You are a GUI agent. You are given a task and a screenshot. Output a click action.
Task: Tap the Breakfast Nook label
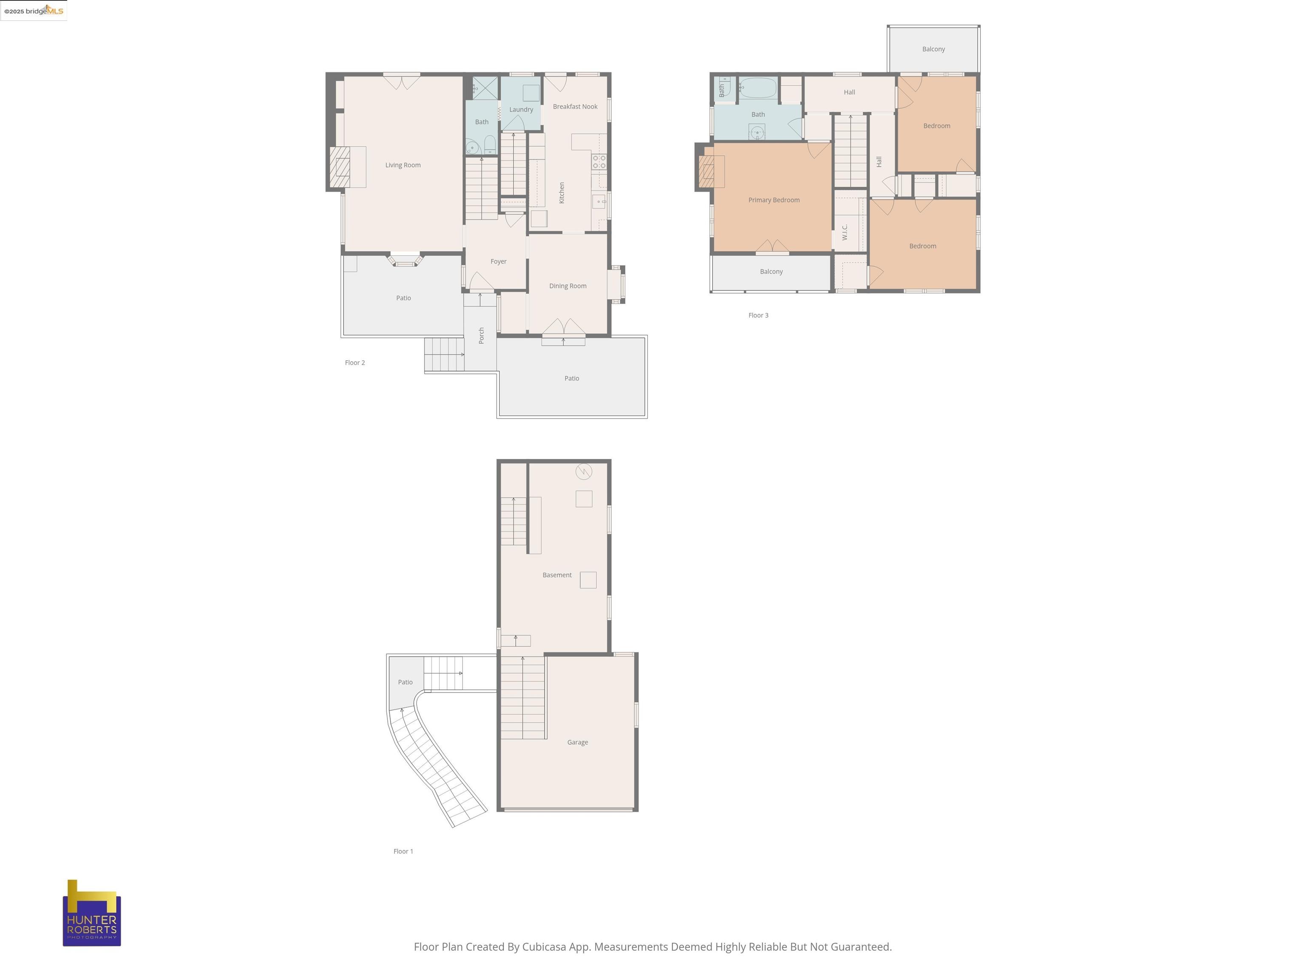[x=575, y=106]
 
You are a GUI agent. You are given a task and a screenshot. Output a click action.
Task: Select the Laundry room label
[x=521, y=109]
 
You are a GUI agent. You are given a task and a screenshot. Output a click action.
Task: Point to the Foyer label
[x=498, y=261]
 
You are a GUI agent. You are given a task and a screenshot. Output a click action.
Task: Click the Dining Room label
[x=568, y=286]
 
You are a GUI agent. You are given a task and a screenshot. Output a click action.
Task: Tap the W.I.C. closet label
[x=845, y=232]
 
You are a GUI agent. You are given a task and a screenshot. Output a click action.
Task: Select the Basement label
[x=557, y=575]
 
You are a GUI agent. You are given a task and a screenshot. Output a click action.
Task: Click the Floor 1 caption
[x=403, y=851]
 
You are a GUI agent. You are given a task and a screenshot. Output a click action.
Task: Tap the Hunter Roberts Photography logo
[x=92, y=913]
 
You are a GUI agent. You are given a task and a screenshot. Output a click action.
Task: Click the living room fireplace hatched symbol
[x=340, y=167]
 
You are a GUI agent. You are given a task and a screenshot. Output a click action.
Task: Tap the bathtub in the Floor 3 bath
[x=758, y=88]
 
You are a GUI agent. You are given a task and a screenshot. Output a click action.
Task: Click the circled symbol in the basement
[x=583, y=471]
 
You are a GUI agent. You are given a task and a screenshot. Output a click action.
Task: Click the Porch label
[x=481, y=336]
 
